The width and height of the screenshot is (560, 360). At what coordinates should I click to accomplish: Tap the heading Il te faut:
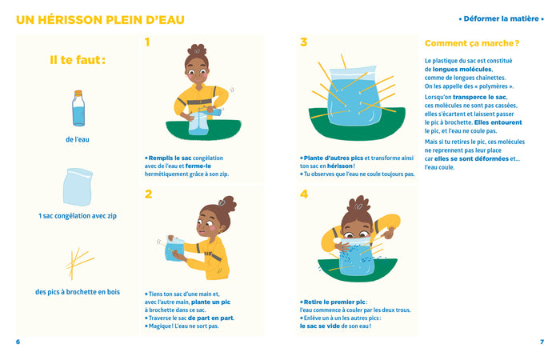(x=78, y=59)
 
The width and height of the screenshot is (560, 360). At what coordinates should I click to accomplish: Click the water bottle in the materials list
(x=78, y=108)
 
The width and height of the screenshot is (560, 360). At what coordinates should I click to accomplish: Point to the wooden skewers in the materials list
(x=78, y=262)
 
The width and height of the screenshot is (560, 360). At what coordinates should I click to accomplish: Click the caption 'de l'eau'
(x=78, y=140)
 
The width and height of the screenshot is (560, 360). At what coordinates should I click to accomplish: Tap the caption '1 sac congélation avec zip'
(x=78, y=216)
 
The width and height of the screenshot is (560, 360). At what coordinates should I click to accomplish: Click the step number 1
(x=148, y=42)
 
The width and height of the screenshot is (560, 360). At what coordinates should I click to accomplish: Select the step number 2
(x=148, y=194)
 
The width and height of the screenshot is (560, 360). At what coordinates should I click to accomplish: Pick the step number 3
(x=304, y=42)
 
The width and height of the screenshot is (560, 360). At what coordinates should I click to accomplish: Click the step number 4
(x=304, y=194)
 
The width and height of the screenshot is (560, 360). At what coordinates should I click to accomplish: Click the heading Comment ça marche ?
(x=472, y=43)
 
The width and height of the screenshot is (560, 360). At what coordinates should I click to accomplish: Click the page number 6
(x=18, y=342)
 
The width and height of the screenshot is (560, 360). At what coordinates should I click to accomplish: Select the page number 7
(x=542, y=342)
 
